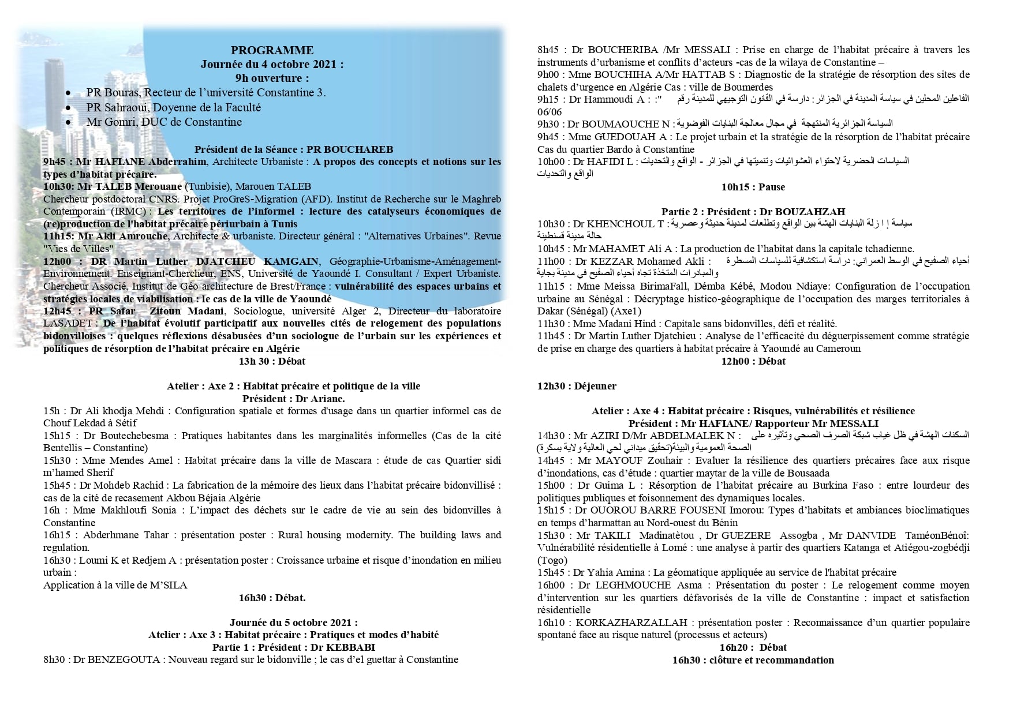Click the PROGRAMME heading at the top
click(272, 51)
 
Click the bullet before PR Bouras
click(69, 93)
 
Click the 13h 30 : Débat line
click(272, 362)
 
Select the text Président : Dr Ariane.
click(293, 399)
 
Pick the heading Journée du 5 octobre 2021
click(293, 623)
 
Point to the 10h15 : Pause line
click(753, 187)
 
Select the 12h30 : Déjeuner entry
click(577, 386)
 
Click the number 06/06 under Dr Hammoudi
click(549, 111)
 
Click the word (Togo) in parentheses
click(552, 560)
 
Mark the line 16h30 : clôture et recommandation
click(753, 660)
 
